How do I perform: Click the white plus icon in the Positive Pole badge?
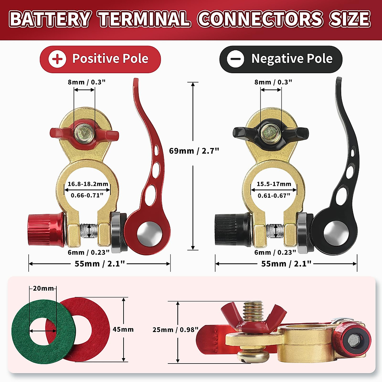pyautogui.click(x=57, y=59)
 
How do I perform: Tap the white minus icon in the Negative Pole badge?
pyautogui.click(x=236, y=59)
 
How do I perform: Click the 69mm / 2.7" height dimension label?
pyautogui.click(x=194, y=151)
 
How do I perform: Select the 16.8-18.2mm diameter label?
pyautogui.click(x=88, y=184)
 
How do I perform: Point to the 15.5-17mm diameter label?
pyautogui.click(x=274, y=184)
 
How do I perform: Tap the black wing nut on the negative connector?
pyautogui.click(x=244, y=132)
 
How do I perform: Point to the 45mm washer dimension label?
pyautogui.click(x=123, y=329)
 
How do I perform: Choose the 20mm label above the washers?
pyautogui.click(x=43, y=288)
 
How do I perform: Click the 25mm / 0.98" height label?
pyautogui.click(x=175, y=329)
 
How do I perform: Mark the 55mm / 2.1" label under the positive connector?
pyautogui.click(x=100, y=264)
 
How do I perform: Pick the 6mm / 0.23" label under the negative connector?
pyautogui.click(x=275, y=252)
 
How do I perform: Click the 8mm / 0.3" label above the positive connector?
pyautogui.click(x=86, y=82)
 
